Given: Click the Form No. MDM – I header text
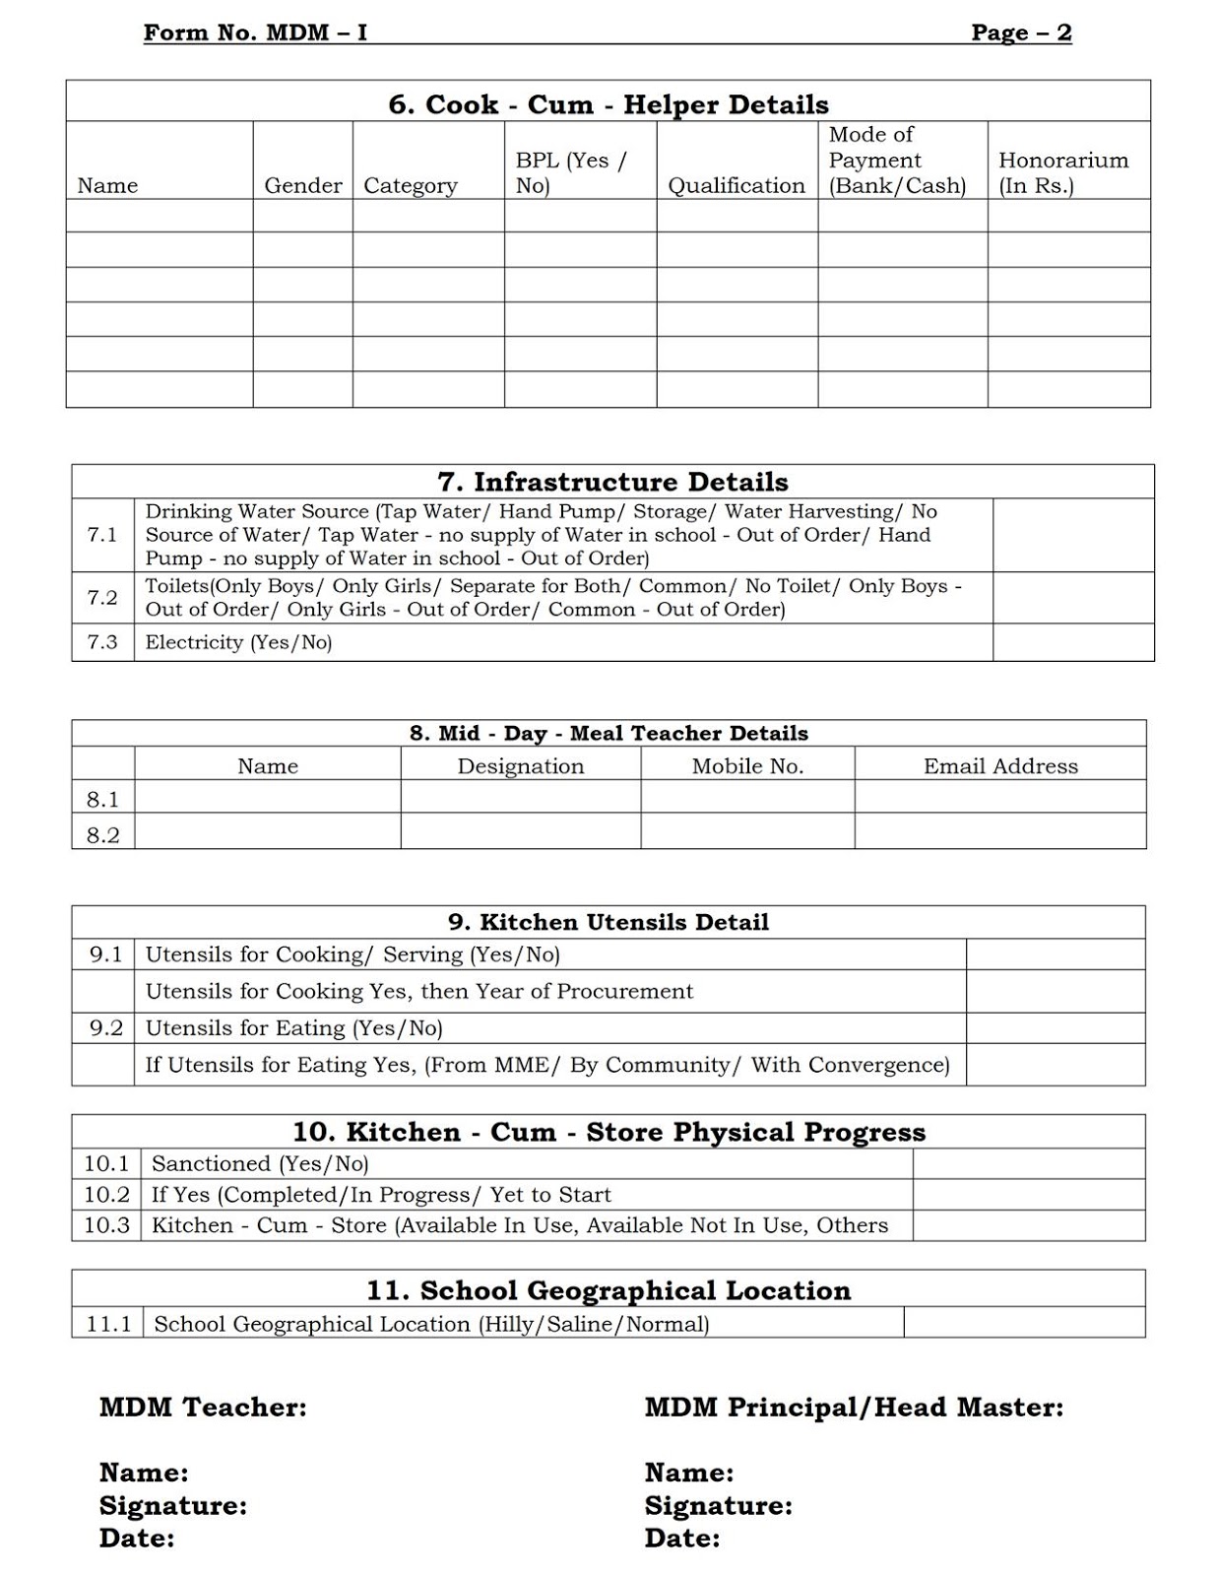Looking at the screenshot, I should click(x=255, y=33).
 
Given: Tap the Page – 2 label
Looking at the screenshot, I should click(x=1021, y=33).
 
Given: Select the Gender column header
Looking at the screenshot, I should click(x=303, y=185).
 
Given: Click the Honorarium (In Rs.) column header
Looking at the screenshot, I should click(x=1063, y=172).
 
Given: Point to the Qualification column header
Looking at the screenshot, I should click(x=737, y=185).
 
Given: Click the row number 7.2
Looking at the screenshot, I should click(x=102, y=597).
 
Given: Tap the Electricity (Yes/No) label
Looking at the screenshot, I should click(x=238, y=642).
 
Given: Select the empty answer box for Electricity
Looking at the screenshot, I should click(x=1072, y=642).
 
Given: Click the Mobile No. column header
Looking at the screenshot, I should click(x=747, y=765).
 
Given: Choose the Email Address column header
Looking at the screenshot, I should click(x=1000, y=765).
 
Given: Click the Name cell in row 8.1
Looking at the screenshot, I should click(x=267, y=797).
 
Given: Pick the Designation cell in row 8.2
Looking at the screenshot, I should click(x=520, y=832).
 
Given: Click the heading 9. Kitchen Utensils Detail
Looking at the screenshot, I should click(x=608, y=922).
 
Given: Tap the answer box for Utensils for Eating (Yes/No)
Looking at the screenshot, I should click(x=1055, y=1028).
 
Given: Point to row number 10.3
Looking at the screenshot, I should click(x=106, y=1225).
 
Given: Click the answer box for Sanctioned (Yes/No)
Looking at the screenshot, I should click(x=1028, y=1163).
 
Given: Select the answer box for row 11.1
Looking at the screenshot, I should click(x=1023, y=1323).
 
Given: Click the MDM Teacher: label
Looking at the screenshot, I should click(x=203, y=1407).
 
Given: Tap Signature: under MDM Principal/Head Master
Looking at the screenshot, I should click(x=718, y=1505).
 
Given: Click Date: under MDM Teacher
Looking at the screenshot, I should click(x=137, y=1538).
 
